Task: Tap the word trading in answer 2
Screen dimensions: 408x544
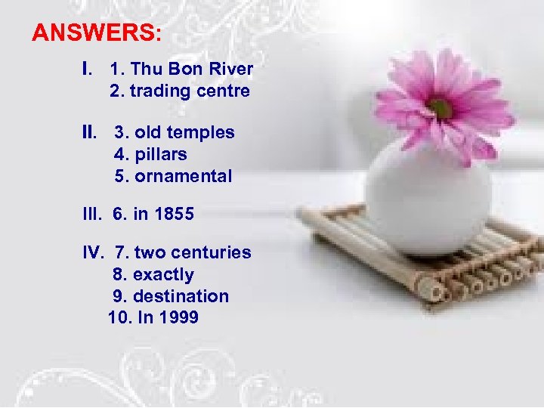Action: coord(156,91)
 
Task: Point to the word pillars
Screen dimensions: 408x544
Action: coord(160,155)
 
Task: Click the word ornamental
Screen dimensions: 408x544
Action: coord(183,177)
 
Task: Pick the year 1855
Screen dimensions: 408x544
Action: coord(174,215)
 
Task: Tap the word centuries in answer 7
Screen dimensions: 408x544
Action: coord(214,252)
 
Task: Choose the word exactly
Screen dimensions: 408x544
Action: coord(163,274)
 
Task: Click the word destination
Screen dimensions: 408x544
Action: coord(181,296)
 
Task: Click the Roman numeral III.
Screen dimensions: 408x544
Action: coord(91,215)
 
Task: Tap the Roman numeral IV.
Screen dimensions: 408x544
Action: coord(91,252)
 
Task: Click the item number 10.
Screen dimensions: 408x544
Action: coord(117,318)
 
